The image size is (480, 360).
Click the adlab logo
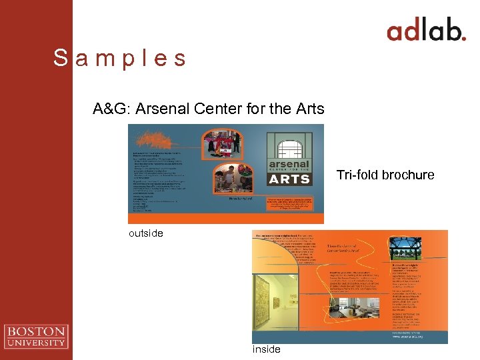click(x=426, y=31)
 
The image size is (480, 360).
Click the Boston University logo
click(x=35, y=336)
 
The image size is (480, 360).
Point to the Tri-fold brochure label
click(x=385, y=175)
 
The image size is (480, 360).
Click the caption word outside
click(x=146, y=233)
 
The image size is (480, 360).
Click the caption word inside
click(x=266, y=349)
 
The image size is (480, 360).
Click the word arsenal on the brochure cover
click(x=289, y=164)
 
